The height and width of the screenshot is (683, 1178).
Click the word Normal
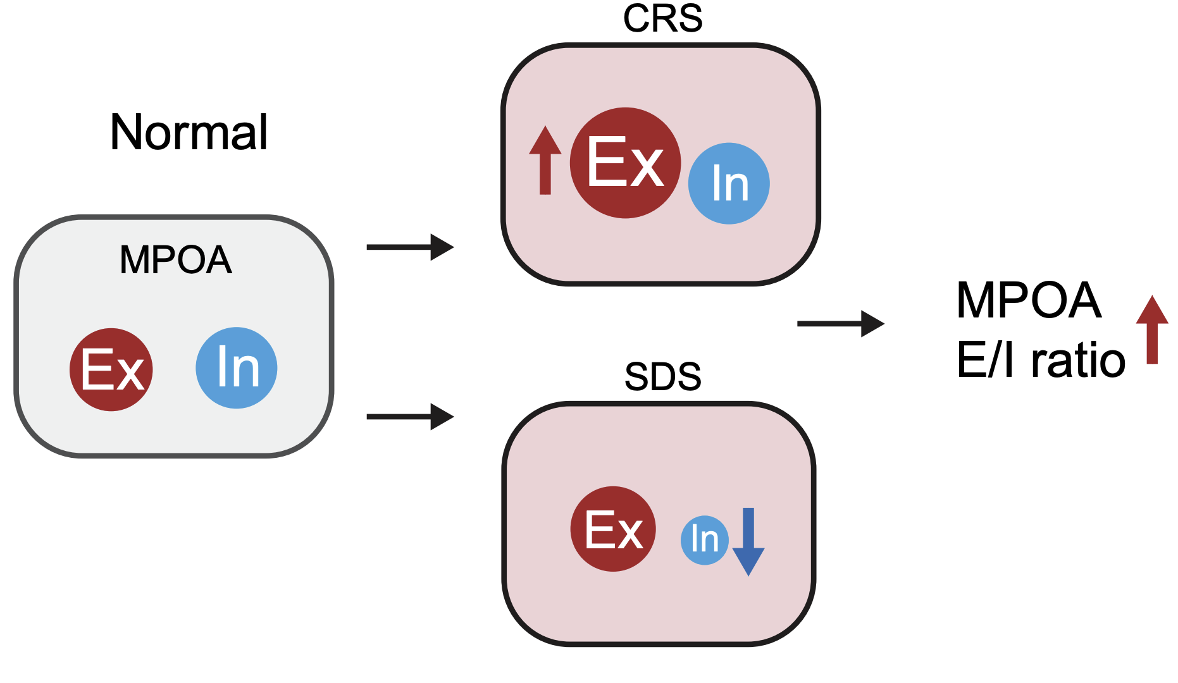point(189,133)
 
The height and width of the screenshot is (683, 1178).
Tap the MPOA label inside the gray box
point(176,260)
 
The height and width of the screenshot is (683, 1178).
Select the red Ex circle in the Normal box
point(111,370)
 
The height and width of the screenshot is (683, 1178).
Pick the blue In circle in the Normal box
point(237,367)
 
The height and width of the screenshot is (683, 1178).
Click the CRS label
point(662,19)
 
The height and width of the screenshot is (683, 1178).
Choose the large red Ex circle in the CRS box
point(625,163)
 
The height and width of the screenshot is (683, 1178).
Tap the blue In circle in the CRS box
point(729,183)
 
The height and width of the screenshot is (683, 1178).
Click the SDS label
point(662,377)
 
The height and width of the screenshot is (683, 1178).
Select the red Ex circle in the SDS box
point(612,529)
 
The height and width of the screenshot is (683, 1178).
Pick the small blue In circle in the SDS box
point(704,539)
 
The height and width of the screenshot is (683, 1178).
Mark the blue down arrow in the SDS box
point(748,541)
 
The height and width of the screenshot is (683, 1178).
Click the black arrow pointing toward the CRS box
point(410,247)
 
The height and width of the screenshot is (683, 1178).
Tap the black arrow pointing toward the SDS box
point(410,417)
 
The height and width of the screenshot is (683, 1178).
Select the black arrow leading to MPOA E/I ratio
point(840,324)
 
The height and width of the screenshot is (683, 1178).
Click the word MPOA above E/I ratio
point(1029,300)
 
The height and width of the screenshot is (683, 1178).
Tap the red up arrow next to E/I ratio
point(1152,329)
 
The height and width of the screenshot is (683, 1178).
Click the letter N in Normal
point(125,133)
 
